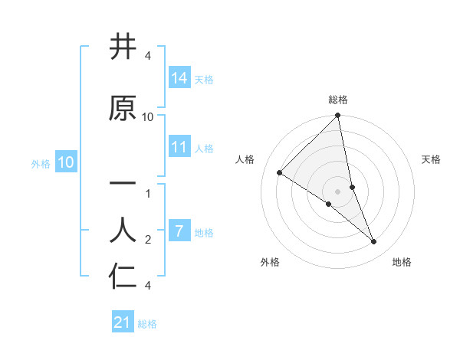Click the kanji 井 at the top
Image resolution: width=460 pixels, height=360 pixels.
tap(123, 47)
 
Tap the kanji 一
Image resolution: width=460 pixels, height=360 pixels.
tap(123, 184)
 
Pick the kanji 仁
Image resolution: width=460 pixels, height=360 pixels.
tap(123, 276)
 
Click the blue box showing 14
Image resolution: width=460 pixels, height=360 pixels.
tap(179, 77)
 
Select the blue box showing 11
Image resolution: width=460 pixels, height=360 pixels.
tap(179, 147)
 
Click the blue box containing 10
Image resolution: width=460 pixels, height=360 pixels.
tap(65, 162)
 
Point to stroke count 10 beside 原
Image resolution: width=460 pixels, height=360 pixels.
tap(148, 117)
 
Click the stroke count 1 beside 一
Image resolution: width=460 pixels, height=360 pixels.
tap(148, 194)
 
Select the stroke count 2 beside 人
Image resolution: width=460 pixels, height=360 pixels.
tap(148, 240)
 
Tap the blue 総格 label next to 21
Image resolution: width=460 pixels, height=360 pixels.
tap(147, 324)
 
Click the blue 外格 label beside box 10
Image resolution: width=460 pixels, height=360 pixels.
tap(41, 163)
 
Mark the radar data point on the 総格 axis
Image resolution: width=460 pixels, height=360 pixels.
tap(338, 116)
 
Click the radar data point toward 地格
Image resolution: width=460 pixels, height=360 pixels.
tap(374, 241)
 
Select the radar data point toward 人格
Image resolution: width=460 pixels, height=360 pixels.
tap(279, 173)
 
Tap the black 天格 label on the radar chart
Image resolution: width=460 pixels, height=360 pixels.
tap(432, 159)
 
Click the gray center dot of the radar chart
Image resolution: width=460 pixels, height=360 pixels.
tap(338, 191)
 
